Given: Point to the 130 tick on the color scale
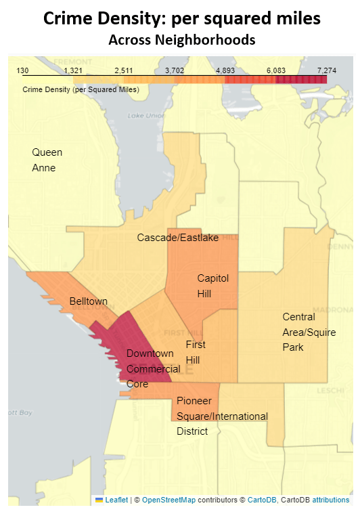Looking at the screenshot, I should (22, 70).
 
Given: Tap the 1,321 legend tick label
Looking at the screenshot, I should (73, 70).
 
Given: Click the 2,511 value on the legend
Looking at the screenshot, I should (124, 70).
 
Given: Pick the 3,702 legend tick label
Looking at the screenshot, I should (175, 70).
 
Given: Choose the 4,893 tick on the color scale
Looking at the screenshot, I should (225, 70).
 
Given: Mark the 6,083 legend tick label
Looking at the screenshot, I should (276, 70).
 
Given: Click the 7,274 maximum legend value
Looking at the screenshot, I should (326, 70).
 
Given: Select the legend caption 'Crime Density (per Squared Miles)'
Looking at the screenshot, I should (81, 89).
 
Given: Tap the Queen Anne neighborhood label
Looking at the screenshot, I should (47, 160).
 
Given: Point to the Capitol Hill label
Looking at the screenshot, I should (213, 286).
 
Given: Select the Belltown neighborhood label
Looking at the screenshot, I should (88, 301).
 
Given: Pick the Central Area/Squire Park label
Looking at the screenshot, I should (300, 332).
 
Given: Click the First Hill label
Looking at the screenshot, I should (196, 351).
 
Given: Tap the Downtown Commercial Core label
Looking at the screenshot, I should (153, 368).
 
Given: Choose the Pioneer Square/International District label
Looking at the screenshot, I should (221, 416).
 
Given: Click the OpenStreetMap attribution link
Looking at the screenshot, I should (169, 500).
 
